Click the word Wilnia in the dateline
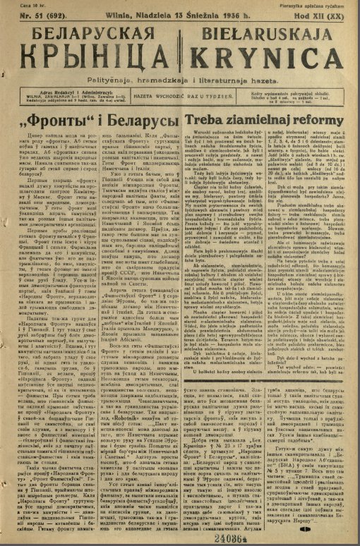pyautogui.click(x=108, y=14)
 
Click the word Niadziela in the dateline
pyautogui.click(x=137, y=14)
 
